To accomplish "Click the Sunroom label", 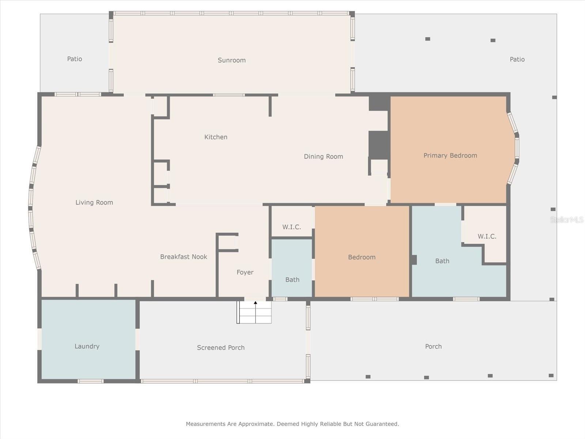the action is click(231, 60).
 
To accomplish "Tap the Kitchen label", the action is click(216, 137).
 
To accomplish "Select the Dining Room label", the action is click(323, 157).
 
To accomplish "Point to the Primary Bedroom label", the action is click(450, 155).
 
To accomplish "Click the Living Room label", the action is click(94, 202).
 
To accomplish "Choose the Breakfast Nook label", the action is click(184, 257).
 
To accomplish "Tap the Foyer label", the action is click(245, 272).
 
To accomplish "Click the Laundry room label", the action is click(87, 346).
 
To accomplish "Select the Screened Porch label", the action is click(221, 348).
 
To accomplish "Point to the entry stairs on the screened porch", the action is click(254, 312).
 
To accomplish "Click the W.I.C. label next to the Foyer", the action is click(291, 227).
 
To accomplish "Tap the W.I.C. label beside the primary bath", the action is click(487, 236).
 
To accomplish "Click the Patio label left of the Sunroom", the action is click(74, 59).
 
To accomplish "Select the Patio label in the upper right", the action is click(517, 59).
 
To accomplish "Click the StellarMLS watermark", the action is click(567, 219).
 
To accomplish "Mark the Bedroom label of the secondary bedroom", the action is click(362, 257).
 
